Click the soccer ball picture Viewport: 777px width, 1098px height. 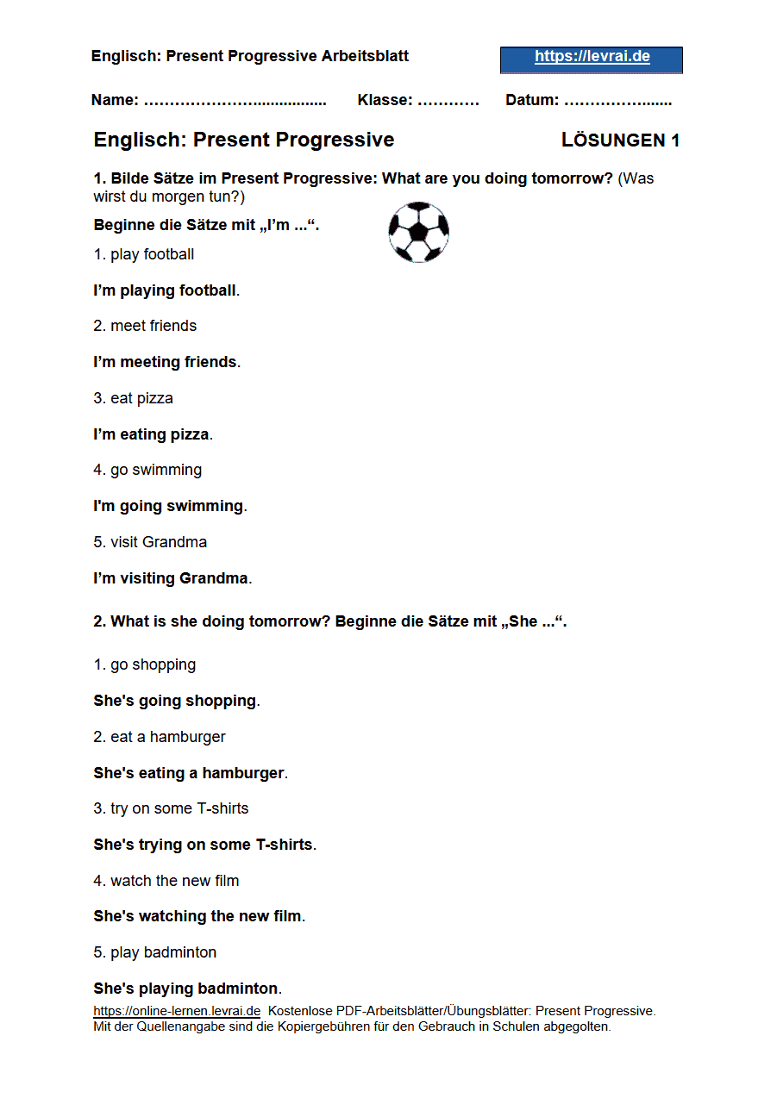419,232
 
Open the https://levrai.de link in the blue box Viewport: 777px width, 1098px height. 592,58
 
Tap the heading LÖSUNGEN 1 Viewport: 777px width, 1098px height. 620,140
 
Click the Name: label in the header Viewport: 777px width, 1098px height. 115,100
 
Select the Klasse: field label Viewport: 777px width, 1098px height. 385,100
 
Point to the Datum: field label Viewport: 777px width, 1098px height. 532,100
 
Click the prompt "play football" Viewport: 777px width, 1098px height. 152,254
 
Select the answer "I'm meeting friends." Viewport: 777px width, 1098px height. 166,362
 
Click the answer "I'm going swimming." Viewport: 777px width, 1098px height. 170,506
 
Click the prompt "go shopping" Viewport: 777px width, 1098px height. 153,664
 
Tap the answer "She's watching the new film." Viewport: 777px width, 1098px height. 199,916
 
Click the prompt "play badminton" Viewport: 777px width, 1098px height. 163,952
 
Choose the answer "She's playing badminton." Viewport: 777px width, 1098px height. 187,989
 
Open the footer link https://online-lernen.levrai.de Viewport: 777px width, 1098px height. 177,1011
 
